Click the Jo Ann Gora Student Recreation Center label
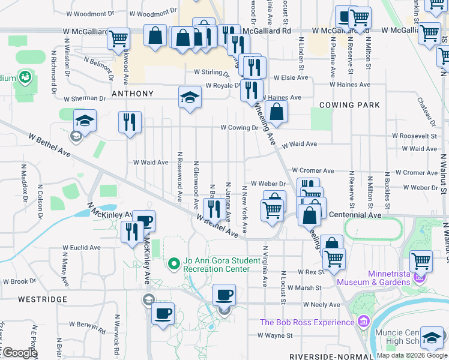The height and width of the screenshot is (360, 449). point(217,265)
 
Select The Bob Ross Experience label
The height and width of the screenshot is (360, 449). point(308,322)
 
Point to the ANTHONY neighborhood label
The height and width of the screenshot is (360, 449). point(132,94)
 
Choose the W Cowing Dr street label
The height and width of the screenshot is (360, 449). point(238,128)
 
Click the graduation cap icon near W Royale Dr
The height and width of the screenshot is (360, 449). point(190,97)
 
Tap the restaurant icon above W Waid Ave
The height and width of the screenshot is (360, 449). point(130,122)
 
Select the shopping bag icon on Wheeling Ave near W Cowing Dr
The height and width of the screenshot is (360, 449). point(276,111)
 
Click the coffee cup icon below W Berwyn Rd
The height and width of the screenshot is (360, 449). point(163,313)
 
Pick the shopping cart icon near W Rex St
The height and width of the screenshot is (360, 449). point(334,258)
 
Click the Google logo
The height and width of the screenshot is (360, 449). point(20,352)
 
